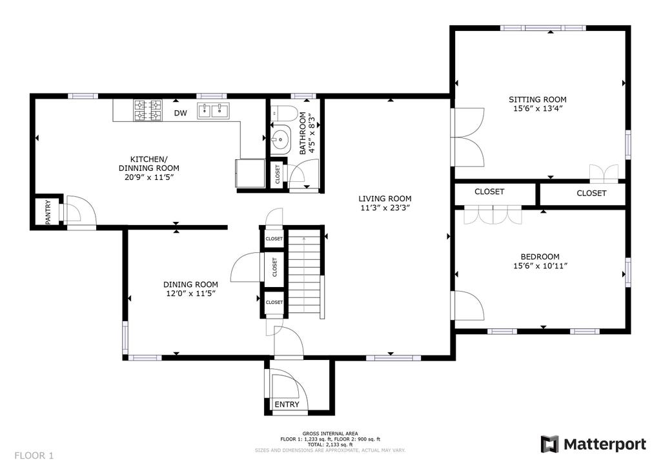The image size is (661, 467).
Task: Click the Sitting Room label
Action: click(538, 100)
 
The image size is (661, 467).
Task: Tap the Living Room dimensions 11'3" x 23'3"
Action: click(385, 208)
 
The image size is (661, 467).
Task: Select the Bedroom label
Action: click(540, 257)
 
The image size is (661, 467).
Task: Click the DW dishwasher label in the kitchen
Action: click(181, 113)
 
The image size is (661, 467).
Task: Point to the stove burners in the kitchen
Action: click(148, 110)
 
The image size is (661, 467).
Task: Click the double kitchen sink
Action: click(213, 111)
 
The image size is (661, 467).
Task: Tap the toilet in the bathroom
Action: click(285, 114)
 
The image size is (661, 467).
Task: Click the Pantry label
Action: click(48, 212)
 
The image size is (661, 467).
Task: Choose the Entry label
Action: click(287, 404)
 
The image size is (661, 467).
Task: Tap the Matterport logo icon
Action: click(550, 444)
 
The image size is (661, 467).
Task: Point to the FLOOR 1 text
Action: click(34, 455)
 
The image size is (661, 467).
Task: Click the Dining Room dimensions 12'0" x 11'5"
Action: click(191, 293)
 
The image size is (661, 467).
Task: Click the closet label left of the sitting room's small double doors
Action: click(489, 192)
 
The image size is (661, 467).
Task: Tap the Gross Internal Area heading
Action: click(330, 433)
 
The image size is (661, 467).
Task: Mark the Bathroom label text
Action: click(303, 134)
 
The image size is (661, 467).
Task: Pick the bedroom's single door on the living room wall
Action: click(468, 305)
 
